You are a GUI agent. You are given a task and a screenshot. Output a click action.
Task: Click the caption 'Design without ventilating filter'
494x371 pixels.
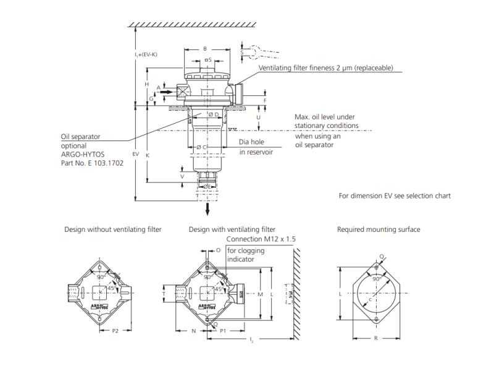pos(113,229)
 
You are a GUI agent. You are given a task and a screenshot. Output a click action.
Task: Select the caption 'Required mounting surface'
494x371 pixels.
pos(379,229)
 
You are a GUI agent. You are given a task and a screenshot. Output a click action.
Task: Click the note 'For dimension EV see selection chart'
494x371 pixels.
pos(395,196)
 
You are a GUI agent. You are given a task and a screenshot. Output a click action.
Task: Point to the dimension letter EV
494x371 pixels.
pos(136,153)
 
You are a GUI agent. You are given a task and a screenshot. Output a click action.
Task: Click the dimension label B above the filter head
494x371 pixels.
pos(205,48)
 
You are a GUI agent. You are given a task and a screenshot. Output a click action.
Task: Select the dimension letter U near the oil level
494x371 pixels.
pos(258,117)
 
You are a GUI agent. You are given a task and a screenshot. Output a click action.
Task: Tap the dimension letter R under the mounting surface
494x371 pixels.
pos(376,338)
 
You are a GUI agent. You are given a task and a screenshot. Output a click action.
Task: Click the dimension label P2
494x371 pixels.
pos(115,331)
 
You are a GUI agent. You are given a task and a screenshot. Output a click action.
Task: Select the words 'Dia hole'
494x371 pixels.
pos(251,142)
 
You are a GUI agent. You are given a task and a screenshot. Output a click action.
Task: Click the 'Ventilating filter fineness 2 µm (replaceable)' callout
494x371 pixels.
pos(325,68)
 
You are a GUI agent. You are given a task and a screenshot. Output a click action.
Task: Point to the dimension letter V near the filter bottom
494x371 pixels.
pos(182,176)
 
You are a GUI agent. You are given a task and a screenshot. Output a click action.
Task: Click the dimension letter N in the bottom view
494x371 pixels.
pos(193,331)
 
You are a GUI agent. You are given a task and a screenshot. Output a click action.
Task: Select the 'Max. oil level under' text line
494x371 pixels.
pos(324,116)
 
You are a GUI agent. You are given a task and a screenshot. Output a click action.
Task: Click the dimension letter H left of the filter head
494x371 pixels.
pos(147,83)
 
